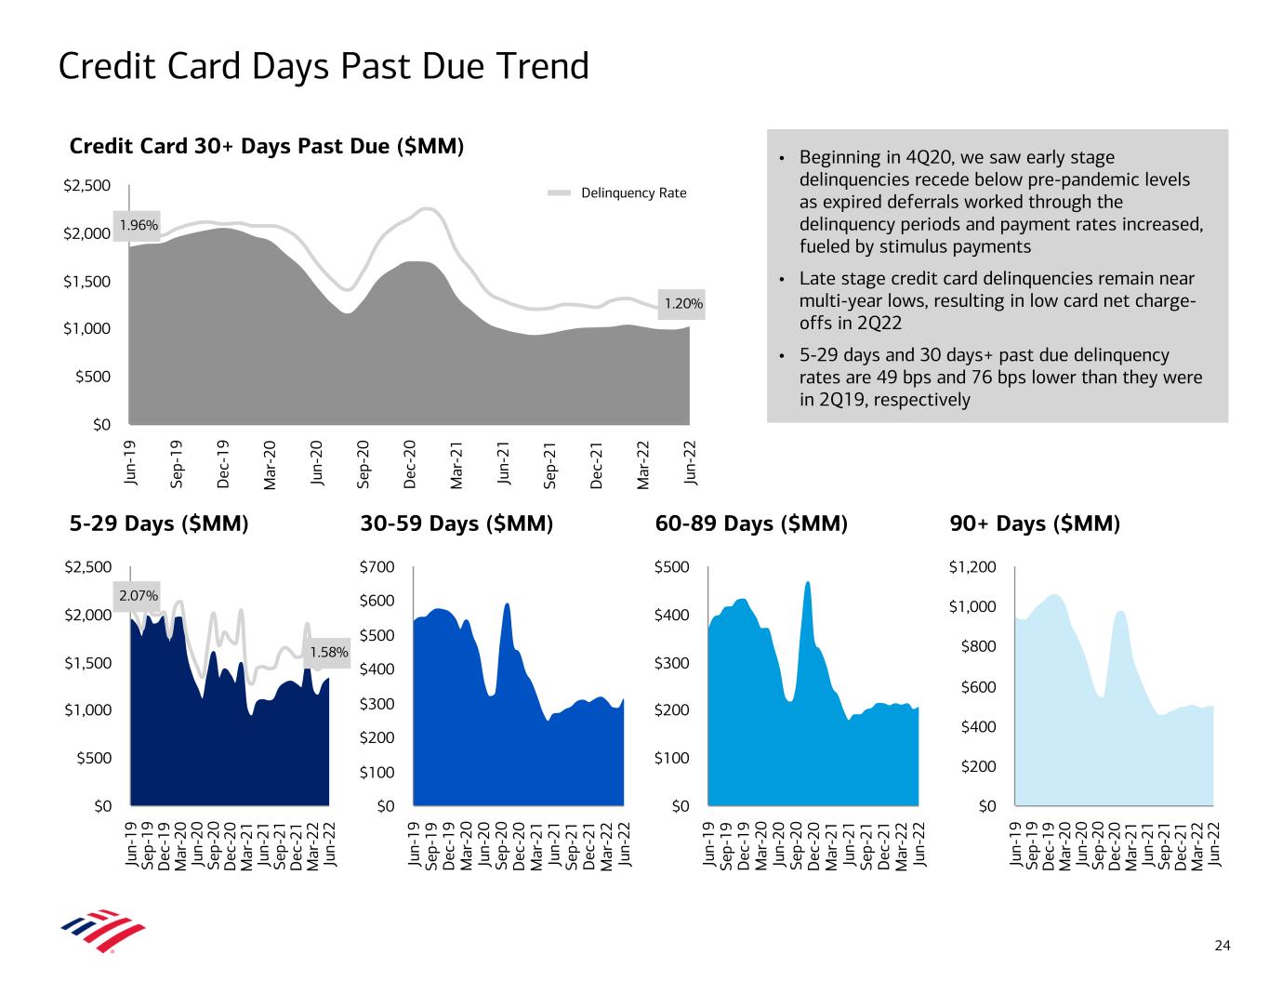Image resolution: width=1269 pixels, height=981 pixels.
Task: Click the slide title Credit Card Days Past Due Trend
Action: (x=324, y=67)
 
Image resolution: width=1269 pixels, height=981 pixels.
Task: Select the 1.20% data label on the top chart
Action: (x=683, y=303)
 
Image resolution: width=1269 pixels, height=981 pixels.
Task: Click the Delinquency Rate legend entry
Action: (x=633, y=192)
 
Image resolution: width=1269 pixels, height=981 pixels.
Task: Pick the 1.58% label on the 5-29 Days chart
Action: (x=329, y=652)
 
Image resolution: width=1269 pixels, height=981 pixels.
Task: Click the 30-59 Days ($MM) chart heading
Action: (x=456, y=524)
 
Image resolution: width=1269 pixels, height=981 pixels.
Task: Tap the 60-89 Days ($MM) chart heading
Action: (x=751, y=524)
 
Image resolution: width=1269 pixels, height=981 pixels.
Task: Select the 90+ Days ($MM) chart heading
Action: (x=1035, y=524)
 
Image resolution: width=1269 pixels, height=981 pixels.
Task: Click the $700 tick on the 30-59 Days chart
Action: (x=377, y=567)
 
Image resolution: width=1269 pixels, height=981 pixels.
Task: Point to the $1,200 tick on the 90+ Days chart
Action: (x=972, y=567)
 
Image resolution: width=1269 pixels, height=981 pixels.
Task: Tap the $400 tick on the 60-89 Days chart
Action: (x=672, y=616)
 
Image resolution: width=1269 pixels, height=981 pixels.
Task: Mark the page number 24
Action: (x=1223, y=947)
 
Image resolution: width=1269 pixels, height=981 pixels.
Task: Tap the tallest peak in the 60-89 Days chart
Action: (x=808, y=583)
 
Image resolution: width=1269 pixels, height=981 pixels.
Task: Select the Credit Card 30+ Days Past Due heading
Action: (x=267, y=147)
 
